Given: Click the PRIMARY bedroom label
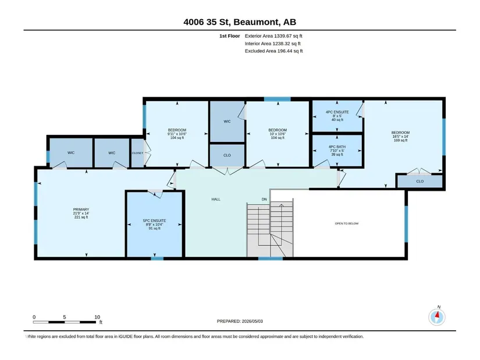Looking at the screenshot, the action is point(81,209).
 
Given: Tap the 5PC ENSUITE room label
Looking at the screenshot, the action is point(155,220).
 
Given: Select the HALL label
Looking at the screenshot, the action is point(216,199).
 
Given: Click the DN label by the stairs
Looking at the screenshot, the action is point(264,199).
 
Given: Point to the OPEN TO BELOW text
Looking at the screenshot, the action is point(347,223).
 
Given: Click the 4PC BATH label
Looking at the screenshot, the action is point(337,147).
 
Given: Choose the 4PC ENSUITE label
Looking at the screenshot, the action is point(337,112).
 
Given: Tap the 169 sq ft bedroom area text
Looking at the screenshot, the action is point(400,140).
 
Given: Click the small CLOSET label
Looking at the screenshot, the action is point(137,153).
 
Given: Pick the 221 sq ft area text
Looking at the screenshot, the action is point(81,217).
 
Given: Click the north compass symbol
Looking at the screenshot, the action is point(437,317).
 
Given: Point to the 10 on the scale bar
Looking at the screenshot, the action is point(97,317).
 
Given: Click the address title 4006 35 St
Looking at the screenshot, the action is point(208,22).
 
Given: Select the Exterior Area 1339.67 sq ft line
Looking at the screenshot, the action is point(273,36).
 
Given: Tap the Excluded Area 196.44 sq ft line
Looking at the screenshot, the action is point(273,51).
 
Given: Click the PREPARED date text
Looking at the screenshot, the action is point(240,321).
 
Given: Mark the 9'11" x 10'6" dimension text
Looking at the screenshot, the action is point(177,134).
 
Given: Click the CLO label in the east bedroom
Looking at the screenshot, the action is point(419,181).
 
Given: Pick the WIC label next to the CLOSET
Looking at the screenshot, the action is point(112,153).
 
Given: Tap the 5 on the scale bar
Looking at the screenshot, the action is point(65,317).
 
